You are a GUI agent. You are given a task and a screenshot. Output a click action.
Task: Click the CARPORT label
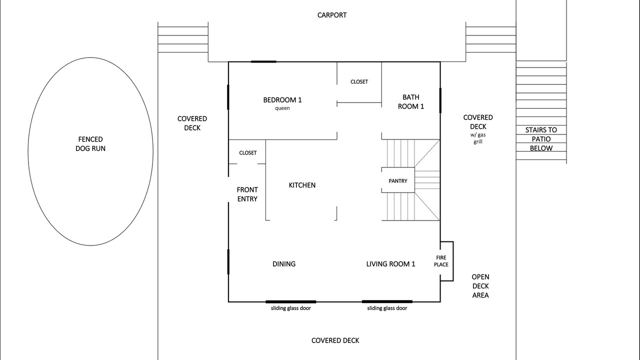332,15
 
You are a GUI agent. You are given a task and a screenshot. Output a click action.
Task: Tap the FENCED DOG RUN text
90,144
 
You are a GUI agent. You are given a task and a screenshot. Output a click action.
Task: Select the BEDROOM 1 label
282,100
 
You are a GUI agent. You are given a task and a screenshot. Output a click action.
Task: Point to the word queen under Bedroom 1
282,108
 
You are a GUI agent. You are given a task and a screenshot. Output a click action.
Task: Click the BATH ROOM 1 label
411,101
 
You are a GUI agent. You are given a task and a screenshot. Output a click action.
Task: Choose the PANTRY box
398,180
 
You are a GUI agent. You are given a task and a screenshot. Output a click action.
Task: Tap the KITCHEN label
302,185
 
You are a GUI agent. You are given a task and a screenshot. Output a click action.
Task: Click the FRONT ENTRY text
247,194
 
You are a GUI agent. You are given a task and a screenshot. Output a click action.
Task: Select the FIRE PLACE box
447,261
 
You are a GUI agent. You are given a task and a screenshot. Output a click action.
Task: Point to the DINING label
284,264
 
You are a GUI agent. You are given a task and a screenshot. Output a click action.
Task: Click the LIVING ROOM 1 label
390,264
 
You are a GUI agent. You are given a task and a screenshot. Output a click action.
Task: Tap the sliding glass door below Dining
291,301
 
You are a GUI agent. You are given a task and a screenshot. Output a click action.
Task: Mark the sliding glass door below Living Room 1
387,301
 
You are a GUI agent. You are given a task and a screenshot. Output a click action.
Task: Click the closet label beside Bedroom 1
359,81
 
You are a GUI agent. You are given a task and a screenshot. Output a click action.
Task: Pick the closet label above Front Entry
247,153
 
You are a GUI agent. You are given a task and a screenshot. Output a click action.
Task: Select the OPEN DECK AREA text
480,286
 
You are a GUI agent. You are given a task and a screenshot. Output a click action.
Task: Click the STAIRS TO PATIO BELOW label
541,139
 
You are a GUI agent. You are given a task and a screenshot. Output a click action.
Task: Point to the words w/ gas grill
478,138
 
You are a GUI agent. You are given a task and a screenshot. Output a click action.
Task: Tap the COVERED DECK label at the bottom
335,340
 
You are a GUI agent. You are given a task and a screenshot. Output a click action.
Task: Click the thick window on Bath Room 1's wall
440,100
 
